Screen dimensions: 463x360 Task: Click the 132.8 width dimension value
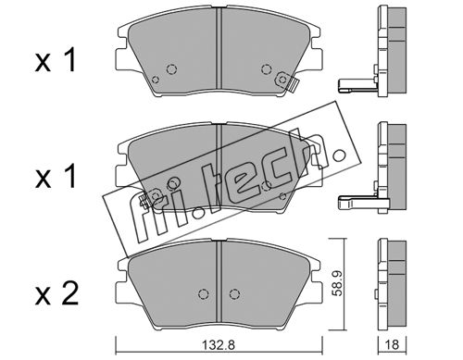(x=219, y=344)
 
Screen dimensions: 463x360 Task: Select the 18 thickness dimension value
(x=392, y=344)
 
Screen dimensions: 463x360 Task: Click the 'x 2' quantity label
(x=56, y=294)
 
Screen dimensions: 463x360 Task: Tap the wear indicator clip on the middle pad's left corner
(x=144, y=201)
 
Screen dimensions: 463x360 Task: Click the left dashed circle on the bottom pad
(x=203, y=294)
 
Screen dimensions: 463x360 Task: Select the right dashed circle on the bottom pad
(x=234, y=294)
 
